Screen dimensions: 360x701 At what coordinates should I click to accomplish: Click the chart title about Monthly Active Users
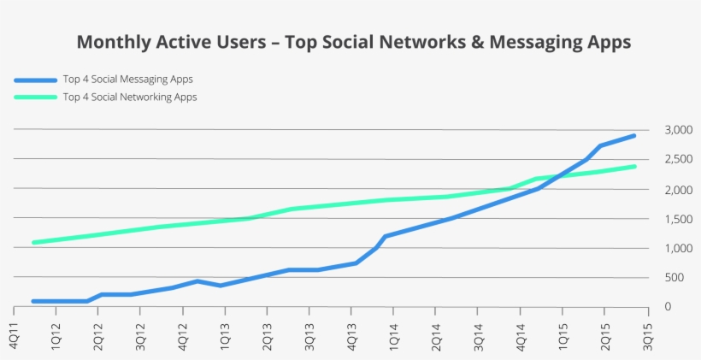click(354, 42)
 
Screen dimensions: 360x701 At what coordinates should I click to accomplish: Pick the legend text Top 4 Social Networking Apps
click(130, 97)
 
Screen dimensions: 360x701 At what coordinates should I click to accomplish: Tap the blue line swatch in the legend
click(35, 80)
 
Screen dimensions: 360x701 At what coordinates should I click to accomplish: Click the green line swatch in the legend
click(35, 97)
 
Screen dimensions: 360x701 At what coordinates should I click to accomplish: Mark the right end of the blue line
click(633, 135)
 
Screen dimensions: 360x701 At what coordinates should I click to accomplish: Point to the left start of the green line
click(34, 242)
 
